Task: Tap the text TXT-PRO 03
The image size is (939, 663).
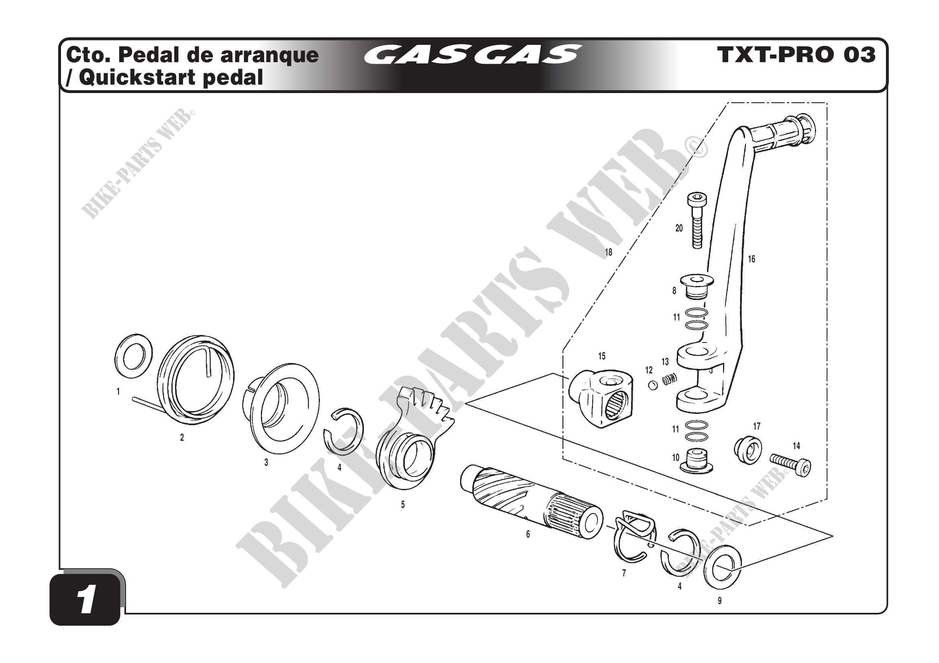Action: (796, 55)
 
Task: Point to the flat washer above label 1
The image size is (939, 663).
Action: (132, 355)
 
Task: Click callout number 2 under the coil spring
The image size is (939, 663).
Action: (182, 438)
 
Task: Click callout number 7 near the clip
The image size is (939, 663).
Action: (624, 573)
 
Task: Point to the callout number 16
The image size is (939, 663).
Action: (752, 259)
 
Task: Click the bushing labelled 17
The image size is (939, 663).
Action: (748, 450)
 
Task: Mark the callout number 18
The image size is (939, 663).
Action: (609, 252)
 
